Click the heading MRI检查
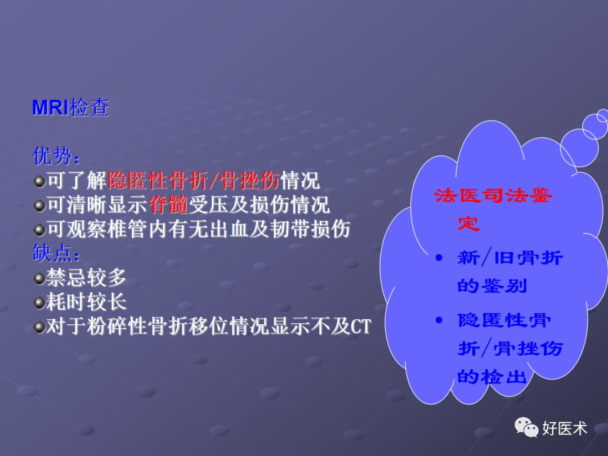70,107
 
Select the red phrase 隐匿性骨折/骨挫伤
193,180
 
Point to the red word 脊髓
168,205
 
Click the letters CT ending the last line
361,327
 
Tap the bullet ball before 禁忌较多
39,278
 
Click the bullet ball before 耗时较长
39,303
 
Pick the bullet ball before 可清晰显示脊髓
39,205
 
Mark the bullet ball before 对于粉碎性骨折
39,327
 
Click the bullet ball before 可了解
39,181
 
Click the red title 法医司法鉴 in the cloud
494,196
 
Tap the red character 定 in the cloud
468,223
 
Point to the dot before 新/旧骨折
440,258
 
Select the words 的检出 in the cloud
491,376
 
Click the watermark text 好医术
565,428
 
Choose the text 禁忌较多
86,278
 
